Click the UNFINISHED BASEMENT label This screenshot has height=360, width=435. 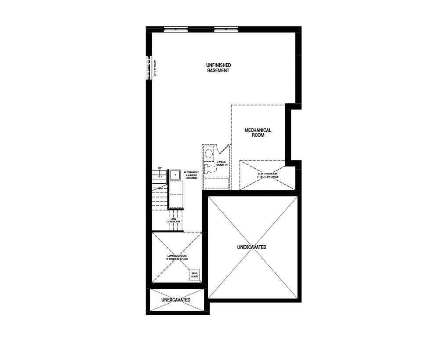coord(218,68)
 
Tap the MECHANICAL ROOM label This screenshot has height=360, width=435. coord(258,133)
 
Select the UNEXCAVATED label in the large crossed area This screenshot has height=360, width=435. coord(251,247)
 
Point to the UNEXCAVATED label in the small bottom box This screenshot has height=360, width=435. coord(176,300)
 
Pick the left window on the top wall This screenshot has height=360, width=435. coord(176,29)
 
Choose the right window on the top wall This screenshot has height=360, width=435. coord(226,29)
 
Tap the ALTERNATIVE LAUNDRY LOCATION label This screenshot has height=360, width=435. coord(191,175)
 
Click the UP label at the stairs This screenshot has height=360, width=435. coord(160,168)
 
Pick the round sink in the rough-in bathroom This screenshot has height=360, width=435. coord(209,153)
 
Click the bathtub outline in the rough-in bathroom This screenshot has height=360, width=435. coord(217,183)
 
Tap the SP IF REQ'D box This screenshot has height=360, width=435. coord(194,275)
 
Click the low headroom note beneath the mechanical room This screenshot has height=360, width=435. coord(267,175)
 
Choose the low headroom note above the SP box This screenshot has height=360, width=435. coord(177,257)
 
